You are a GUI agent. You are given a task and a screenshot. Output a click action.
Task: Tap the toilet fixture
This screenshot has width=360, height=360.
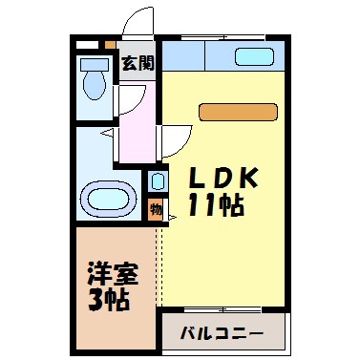click(95, 83)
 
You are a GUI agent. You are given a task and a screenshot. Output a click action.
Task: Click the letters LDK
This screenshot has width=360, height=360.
click(222, 179)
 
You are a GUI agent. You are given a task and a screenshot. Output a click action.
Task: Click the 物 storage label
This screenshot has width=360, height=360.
click(156, 209)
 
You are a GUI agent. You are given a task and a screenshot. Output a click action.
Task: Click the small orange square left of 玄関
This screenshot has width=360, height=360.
click(111, 44)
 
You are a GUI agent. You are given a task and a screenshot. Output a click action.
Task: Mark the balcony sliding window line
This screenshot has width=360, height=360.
click(222, 311)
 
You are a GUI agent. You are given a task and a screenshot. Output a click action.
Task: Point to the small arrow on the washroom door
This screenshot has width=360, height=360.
click(110, 135)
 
